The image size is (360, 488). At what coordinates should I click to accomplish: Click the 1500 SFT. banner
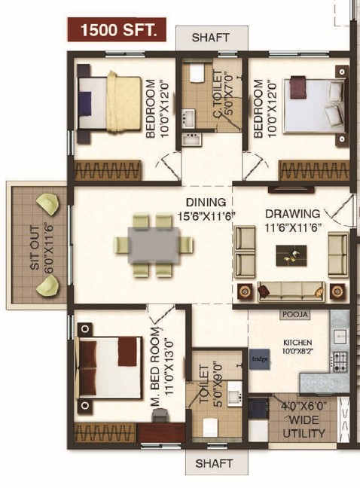point(117,29)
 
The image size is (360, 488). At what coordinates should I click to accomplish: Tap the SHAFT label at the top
point(211,38)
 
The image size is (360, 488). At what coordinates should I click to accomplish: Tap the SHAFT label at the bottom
point(214,463)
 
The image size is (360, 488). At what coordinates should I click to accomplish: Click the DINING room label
point(206,203)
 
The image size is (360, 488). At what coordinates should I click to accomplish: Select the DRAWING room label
point(292,214)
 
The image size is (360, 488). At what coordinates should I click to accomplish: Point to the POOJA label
point(295,314)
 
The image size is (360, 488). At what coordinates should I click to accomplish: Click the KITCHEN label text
point(297,343)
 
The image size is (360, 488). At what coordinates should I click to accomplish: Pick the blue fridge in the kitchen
point(259,359)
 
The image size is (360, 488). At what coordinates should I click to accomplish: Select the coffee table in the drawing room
point(291,255)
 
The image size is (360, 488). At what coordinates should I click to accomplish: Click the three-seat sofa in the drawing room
point(291,292)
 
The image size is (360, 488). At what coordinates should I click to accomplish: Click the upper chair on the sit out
point(48,205)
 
